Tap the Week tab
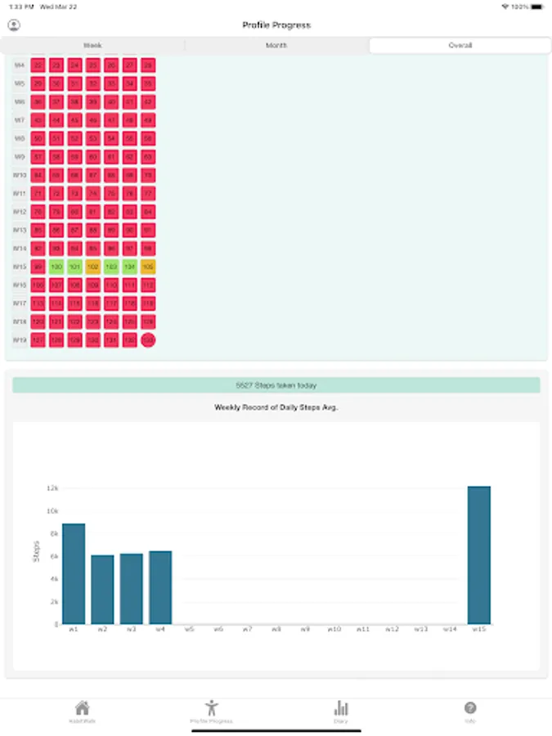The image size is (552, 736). click(x=92, y=46)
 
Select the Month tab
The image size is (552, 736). click(x=276, y=46)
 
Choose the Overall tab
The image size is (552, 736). click(x=460, y=46)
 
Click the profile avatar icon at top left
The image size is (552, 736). click(x=14, y=25)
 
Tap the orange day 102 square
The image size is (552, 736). click(x=92, y=267)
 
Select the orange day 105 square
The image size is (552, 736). click(x=148, y=267)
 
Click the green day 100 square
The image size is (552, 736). click(x=56, y=267)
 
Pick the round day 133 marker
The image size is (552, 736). click(x=148, y=339)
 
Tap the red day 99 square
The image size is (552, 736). click(x=38, y=267)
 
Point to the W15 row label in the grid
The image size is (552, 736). click(x=20, y=267)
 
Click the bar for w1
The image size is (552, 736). click(x=74, y=573)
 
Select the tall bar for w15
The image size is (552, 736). click(x=479, y=555)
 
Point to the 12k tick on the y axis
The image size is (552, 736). click(x=52, y=488)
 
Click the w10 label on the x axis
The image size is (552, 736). click(x=334, y=629)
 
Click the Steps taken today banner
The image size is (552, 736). click(x=276, y=385)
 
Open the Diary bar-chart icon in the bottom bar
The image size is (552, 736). click(x=341, y=708)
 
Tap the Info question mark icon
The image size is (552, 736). click(x=470, y=708)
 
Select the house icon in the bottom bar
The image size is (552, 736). click(x=82, y=708)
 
